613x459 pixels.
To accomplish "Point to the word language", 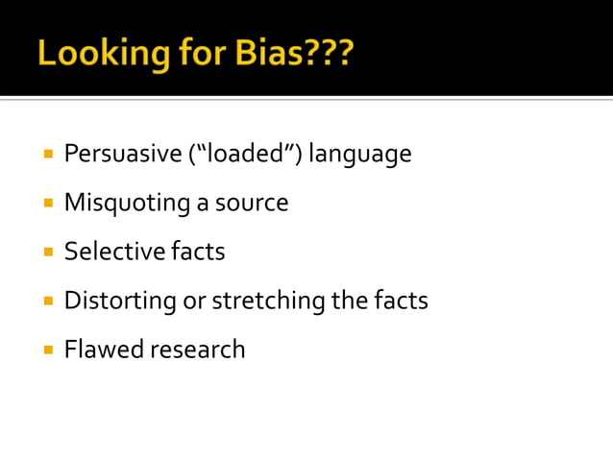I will [360, 155].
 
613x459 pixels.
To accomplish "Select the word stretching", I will [269, 302].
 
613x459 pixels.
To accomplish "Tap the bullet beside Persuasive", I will [47, 154].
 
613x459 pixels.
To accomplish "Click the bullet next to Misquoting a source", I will [47, 204].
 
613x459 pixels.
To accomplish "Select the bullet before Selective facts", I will [47, 253].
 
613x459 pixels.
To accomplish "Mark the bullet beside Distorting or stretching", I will [47, 302].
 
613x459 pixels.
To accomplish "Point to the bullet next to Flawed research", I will [47, 350].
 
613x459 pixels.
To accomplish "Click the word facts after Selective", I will [198, 252].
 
